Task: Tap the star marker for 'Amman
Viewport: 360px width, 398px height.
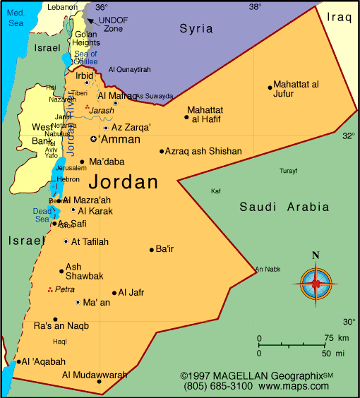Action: (93, 139)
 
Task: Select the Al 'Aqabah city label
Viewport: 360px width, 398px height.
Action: (44, 362)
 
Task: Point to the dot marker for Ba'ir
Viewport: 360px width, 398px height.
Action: (151, 249)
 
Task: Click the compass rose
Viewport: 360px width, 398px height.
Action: (316, 282)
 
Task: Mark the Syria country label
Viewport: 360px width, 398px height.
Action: (196, 29)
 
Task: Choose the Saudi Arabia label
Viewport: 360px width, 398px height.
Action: (284, 207)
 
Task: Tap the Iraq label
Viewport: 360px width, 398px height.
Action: (338, 18)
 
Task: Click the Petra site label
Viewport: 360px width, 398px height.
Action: (65, 289)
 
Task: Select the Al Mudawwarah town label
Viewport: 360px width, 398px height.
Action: (100, 375)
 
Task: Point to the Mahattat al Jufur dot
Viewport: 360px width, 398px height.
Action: (270, 88)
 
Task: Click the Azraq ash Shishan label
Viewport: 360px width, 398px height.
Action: (203, 151)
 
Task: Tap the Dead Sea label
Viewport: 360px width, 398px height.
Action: (42, 215)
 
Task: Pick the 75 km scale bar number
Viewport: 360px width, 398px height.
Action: (329, 339)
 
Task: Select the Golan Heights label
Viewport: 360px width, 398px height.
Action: (85, 38)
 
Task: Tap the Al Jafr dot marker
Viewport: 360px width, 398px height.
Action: (114, 293)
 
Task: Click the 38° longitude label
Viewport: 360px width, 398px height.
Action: (255, 6)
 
